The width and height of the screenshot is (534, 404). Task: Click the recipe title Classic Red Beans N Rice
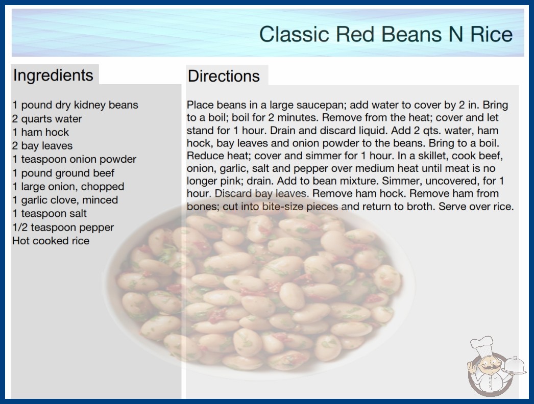pos(386,34)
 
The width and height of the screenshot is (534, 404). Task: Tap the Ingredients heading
pos(53,75)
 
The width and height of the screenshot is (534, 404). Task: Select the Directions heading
pos(224,76)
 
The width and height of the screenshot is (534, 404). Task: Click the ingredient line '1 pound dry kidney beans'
pos(75,105)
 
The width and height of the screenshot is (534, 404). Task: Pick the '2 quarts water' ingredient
pos(47,119)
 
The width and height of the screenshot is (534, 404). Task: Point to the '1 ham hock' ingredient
pos(40,132)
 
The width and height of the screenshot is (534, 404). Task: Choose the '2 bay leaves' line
pos(42,146)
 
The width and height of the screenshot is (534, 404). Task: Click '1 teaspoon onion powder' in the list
pos(74,159)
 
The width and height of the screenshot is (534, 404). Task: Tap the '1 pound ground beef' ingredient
pos(63,173)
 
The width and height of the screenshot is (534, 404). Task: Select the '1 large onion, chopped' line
pos(68,187)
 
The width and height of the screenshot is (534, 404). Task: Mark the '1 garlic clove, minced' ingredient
pos(65,200)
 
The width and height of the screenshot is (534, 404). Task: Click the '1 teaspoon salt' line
pos(50,213)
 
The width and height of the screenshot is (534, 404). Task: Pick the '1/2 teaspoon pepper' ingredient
pos(63,228)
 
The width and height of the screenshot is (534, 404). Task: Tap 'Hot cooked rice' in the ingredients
pos(51,241)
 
